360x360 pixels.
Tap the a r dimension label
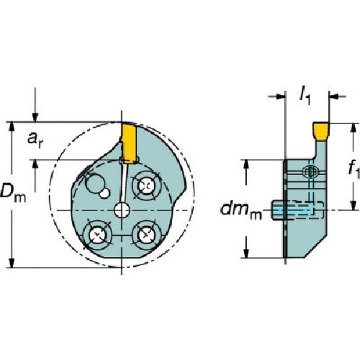tap(37, 139)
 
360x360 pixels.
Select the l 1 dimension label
tap(307, 94)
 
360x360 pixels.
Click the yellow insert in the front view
tap(128, 141)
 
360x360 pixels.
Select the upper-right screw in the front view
tap(146, 185)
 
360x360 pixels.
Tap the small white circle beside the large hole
tap(105, 193)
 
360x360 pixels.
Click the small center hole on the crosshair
tap(122, 210)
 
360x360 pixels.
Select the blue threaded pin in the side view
tap(292, 210)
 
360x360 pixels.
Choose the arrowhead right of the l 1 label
tap(334, 95)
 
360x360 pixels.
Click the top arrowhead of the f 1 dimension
tap(350, 128)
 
